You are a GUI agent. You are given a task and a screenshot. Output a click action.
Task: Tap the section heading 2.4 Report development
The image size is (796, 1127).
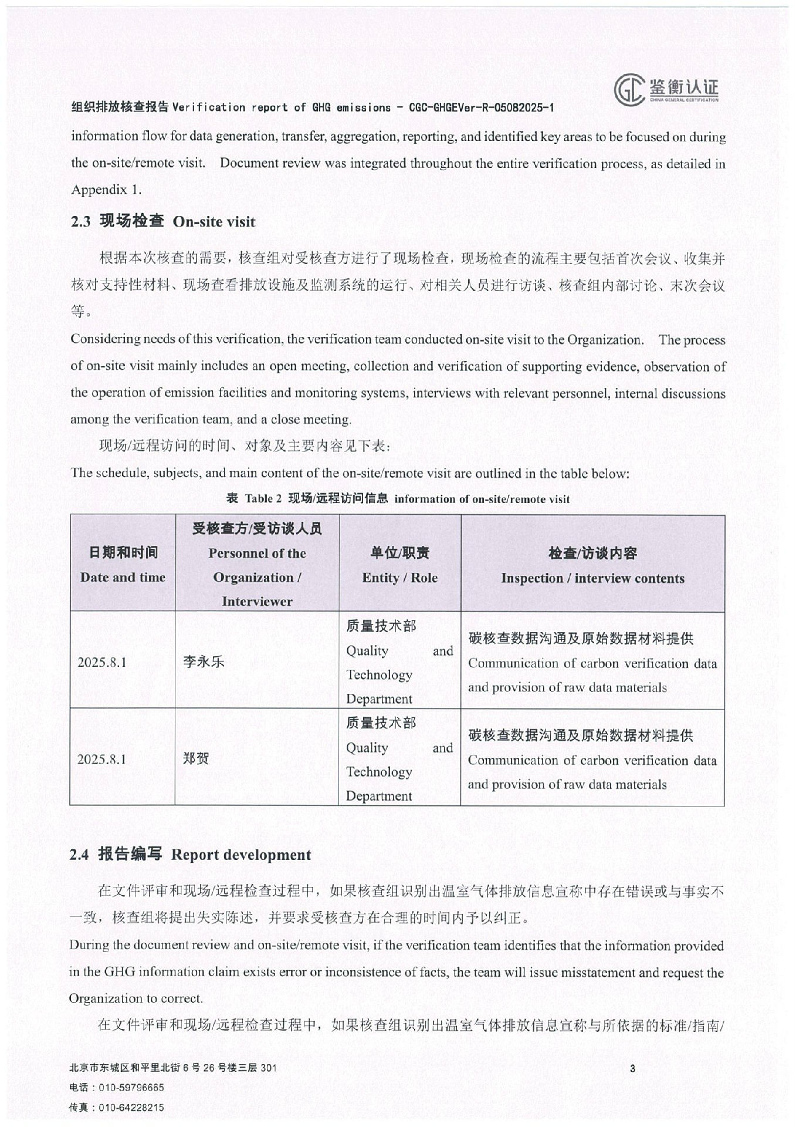click(190, 855)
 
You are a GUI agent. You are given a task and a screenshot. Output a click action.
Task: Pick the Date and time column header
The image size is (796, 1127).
click(123, 565)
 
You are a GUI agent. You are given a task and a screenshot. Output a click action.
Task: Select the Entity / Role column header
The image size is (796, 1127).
click(399, 565)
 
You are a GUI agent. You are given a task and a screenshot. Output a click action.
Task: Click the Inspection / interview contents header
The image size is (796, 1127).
click(592, 565)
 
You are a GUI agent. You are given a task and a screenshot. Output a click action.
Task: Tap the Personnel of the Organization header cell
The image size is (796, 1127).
click(257, 565)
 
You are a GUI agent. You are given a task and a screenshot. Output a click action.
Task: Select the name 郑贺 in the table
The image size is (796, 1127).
click(196, 758)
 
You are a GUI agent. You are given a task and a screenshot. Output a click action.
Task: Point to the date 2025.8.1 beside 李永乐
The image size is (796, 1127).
click(102, 663)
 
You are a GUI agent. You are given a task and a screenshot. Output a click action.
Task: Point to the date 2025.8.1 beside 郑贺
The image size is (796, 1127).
click(102, 760)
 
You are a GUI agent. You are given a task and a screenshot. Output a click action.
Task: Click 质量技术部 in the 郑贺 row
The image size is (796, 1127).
click(381, 723)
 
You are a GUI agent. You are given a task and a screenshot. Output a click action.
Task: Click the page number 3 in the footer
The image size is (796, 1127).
click(632, 1068)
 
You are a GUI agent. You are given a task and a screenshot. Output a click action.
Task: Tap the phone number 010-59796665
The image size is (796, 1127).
click(131, 1088)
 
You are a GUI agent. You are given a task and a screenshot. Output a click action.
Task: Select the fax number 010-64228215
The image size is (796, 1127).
click(131, 1108)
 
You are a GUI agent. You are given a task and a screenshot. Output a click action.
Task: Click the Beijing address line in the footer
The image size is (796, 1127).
click(172, 1068)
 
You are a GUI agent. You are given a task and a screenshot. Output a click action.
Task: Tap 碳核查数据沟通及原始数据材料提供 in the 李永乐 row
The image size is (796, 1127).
click(580, 639)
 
